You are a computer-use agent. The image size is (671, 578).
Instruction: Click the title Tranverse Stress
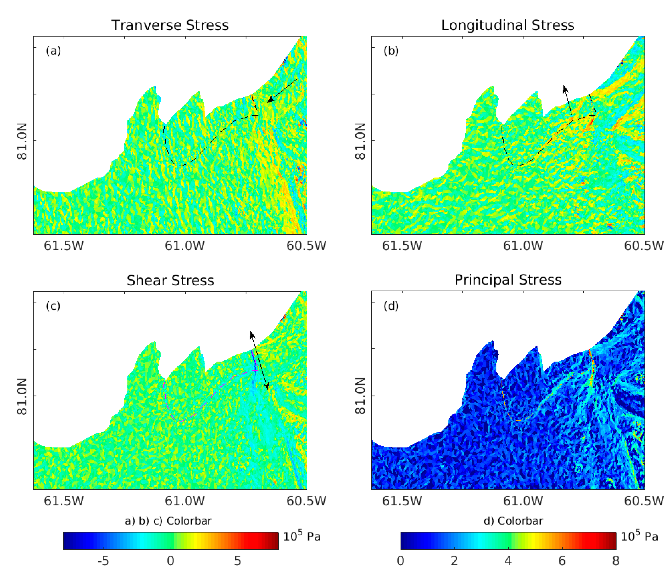170,25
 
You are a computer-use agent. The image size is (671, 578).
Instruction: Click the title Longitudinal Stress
508,25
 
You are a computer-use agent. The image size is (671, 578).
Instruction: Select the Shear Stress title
170,280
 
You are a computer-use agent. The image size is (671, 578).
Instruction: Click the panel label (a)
53,51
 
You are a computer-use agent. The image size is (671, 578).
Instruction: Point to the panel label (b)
391,51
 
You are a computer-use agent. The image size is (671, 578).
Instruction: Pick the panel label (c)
53,306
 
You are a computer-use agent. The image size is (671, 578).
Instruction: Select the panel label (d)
391,306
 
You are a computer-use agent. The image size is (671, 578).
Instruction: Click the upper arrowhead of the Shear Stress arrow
252,334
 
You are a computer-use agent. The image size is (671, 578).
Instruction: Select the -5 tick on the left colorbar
103,561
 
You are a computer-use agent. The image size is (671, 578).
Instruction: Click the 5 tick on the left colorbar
238,561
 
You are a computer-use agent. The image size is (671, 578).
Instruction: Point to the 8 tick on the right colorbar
616,561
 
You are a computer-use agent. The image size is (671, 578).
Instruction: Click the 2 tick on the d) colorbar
454,561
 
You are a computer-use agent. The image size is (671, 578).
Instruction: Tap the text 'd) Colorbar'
513,521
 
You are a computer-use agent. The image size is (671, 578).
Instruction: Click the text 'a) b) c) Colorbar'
168,521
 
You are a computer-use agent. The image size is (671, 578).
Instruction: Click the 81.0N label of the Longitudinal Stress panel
360,141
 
